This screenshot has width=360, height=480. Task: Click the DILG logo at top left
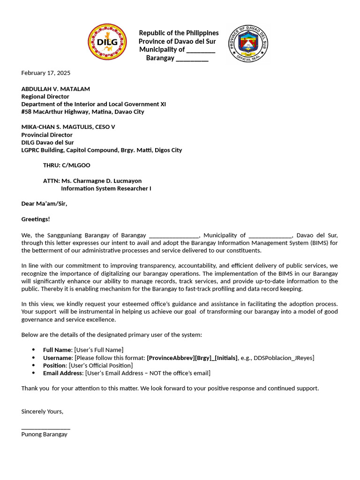tap(107, 42)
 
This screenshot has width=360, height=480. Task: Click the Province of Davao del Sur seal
tap(248, 44)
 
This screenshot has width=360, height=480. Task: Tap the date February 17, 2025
tap(45, 73)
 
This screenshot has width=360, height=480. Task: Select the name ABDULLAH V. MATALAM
tap(55, 89)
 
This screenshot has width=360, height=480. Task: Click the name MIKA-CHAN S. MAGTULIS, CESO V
tap(68, 127)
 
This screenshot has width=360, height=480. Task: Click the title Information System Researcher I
tap(106, 188)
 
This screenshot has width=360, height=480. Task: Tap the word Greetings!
tap(36, 219)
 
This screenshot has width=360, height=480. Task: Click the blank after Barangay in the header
tap(192, 58)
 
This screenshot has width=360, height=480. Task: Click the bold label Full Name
tap(57, 350)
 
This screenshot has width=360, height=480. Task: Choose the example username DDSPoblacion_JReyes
tap(284, 358)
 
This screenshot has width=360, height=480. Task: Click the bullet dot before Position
tap(33, 365)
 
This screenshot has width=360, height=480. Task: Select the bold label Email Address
tap(63, 373)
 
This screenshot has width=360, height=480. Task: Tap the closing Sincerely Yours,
tap(42, 411)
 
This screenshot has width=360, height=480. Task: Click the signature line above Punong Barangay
tap(45, 428)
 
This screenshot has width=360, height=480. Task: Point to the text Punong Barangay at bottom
tap(44, 434)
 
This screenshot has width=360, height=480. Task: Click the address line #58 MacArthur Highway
tap(82, 112)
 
